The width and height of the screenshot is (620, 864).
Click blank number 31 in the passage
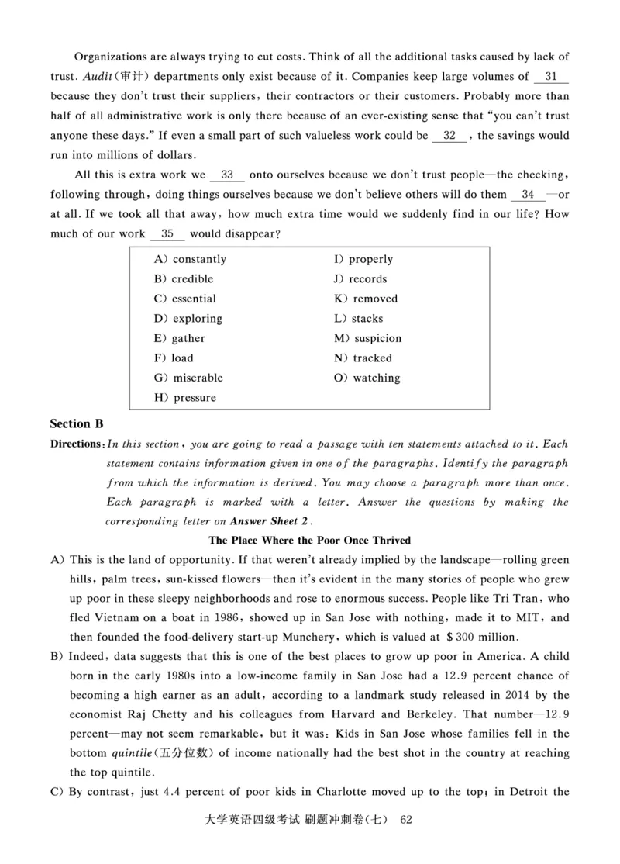pyautogui.click(x=551, y=77)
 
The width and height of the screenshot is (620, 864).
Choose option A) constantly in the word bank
pyautogui.click(x=190, y=259)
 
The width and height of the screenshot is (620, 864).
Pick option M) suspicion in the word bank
pyautogui.click(x=367, y=338)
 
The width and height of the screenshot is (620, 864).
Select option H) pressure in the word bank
pyautogui.click(x=185, y=398)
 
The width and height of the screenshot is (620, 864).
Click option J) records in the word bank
pyautogui.click(x=360, y=279)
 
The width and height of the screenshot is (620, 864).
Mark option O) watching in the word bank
pyautogui.click(x=367, y=378)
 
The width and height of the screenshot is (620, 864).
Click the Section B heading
pyautogui.click(x=76, y=424)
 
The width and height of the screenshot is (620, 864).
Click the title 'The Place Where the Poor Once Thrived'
pyautogui.click(x=310, y=540)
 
